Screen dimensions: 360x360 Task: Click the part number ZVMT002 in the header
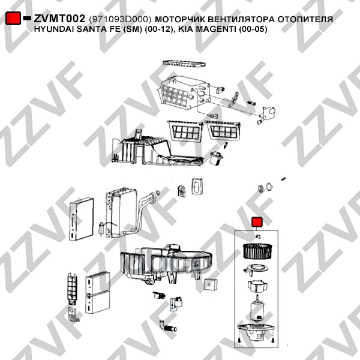59,19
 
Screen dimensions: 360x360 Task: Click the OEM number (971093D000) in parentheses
120,19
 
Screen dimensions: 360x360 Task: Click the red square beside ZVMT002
13,18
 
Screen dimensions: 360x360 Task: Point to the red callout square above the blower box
257,222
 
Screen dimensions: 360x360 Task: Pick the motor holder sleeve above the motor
257,286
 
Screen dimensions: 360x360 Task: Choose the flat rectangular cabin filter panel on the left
82,219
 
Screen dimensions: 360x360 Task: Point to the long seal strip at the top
184,64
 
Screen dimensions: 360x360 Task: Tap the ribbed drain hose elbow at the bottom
168,326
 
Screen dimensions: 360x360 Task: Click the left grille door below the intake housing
185,130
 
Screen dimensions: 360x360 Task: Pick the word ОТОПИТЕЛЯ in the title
305,20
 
